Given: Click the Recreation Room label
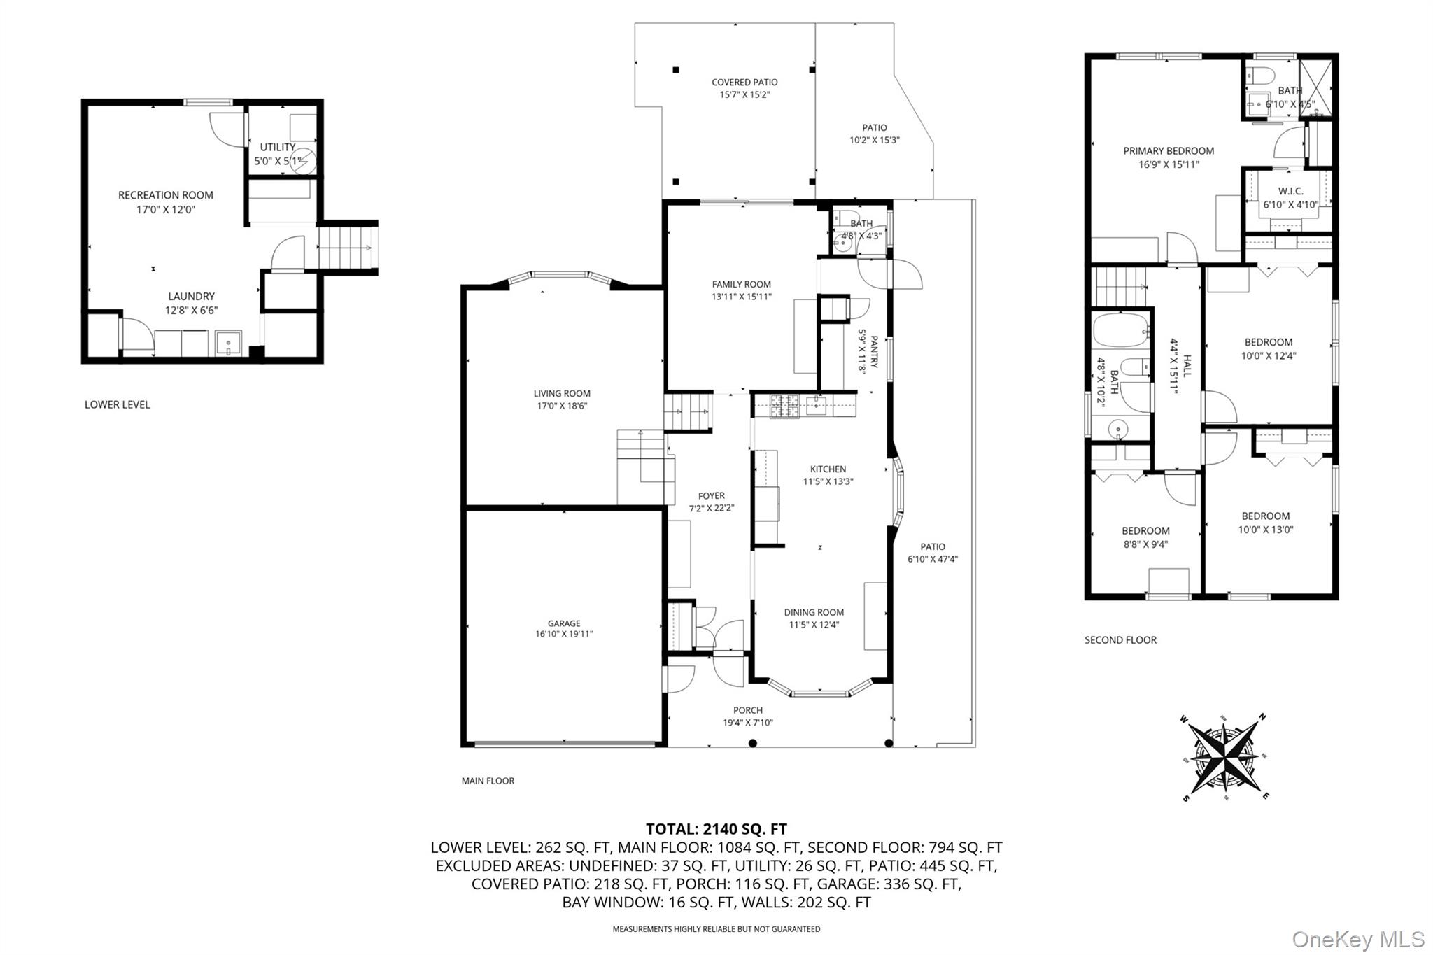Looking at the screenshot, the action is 166,195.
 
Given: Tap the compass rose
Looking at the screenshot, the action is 1224,758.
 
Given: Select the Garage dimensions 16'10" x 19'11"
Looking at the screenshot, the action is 564,635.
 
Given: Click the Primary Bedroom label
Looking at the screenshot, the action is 1169,150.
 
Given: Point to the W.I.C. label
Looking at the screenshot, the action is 1291,191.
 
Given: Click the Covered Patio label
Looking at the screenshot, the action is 744,82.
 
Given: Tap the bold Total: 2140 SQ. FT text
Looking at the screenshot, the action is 716,829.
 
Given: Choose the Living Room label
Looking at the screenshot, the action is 562,393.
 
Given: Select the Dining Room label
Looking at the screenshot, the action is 814,612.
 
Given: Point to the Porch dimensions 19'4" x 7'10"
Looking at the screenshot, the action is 748,723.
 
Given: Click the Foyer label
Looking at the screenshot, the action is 712,495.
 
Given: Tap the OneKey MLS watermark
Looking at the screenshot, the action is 1358,939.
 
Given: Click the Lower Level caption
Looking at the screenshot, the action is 117,404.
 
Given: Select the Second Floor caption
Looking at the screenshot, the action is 1120,639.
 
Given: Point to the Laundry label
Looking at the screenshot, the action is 191,296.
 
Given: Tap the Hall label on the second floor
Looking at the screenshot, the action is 1187,365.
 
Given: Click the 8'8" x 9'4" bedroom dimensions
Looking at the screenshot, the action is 1145,544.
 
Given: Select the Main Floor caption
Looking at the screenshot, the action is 488,781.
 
